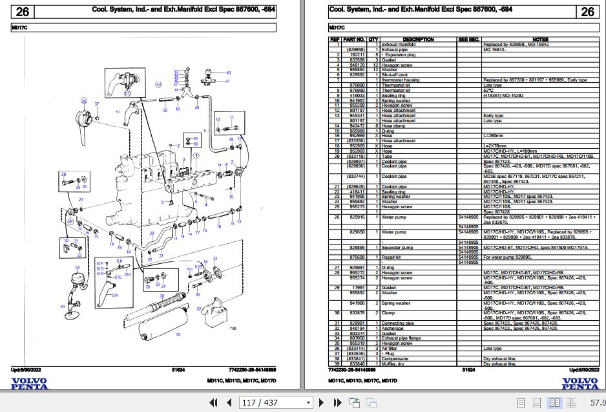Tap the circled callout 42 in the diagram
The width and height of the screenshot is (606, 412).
(x=159, y=85)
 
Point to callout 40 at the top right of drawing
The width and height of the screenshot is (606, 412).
(x=227, y=73)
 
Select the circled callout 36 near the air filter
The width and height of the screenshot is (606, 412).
(x=83, y=102)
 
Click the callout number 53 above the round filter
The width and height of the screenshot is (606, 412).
(x=77, y=267)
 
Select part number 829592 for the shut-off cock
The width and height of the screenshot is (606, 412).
(x=357, y=75)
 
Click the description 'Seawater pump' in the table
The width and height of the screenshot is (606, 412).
(x=397, y=247)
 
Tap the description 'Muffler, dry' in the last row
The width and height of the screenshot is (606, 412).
(x=394, y=364)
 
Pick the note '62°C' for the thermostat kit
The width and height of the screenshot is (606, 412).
(x=488, y=90)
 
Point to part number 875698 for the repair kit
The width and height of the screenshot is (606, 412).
(x=357, y=257)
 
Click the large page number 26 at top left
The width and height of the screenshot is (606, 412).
(x=23, y=11)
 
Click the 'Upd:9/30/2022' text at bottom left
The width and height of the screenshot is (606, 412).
(x=28, y=369)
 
